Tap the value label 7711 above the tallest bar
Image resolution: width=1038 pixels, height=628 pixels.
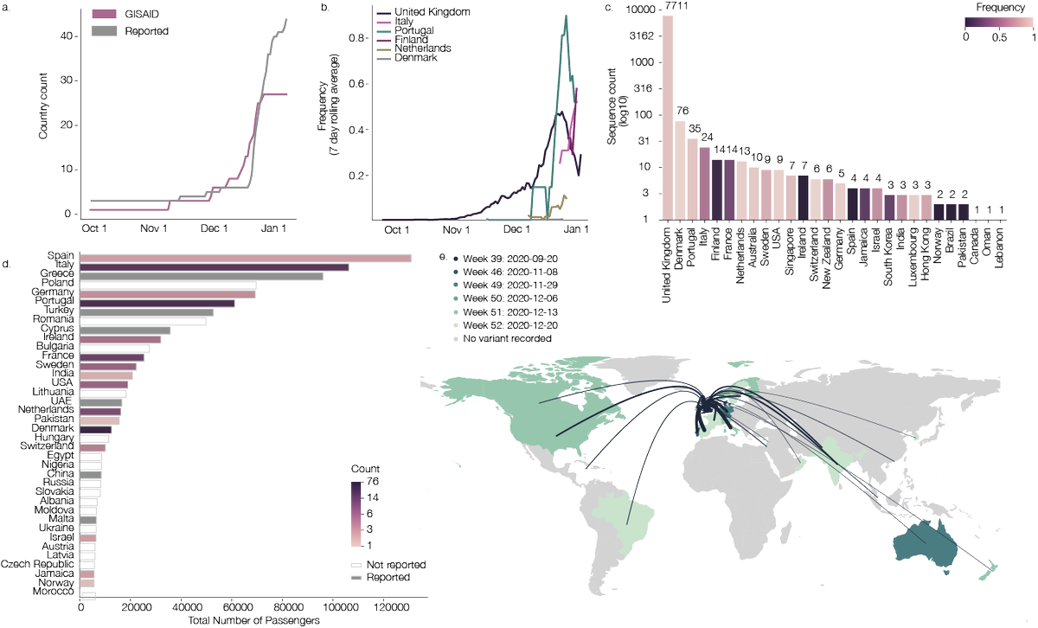coord(667,7)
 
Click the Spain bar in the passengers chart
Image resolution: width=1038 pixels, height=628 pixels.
coord(246,258)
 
